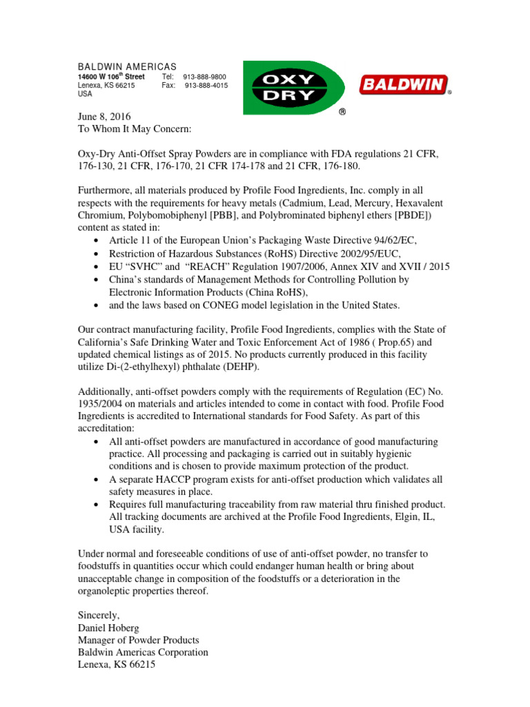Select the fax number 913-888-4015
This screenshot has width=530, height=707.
[206, 86]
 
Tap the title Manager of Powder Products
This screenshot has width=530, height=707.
[138, 639]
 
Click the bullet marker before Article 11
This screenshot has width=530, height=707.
[95, 241]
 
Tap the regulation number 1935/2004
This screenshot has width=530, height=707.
[104, 405]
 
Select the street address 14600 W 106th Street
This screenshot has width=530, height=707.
[111, 77]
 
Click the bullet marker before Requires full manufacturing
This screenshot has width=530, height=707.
[95, 505]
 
